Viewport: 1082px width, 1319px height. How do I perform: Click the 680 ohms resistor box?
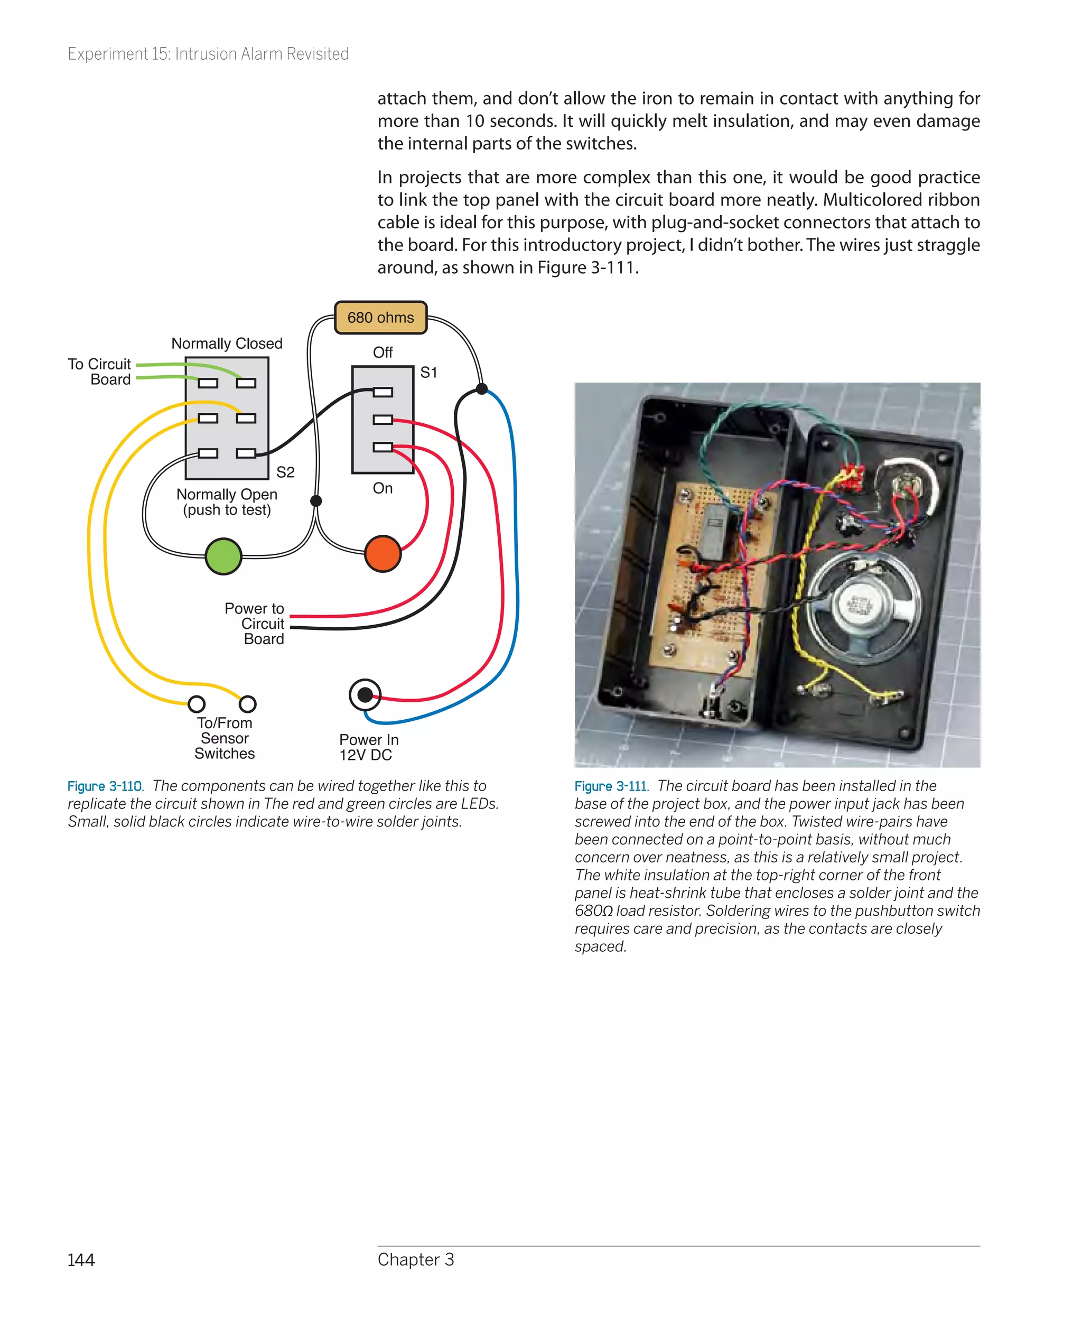[x=380, y=317]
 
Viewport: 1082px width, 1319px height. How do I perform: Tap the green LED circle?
[x=223, y=555]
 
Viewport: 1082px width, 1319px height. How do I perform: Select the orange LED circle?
[x=382, y=553]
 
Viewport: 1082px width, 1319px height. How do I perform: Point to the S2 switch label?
[x=285, y=472]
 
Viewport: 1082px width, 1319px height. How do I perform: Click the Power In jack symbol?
[x=365, y=694]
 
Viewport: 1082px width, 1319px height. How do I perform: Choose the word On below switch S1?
[x=382, y=488]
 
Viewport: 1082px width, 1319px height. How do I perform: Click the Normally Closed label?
[x=226, y=343]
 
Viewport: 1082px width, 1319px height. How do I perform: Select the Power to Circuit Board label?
[x=254, y=624]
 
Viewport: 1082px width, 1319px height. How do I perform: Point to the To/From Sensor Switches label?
[x=225, y=738]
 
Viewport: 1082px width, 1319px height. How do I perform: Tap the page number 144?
[x=81, y=1260]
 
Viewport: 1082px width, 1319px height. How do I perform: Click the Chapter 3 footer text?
[x=416, y=1259]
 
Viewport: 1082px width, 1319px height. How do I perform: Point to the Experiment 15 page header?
[x=208, y=54]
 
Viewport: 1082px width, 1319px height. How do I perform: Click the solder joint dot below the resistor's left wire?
[x=316, y=500]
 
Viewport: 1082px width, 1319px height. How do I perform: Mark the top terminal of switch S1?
[x=383, y=392]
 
